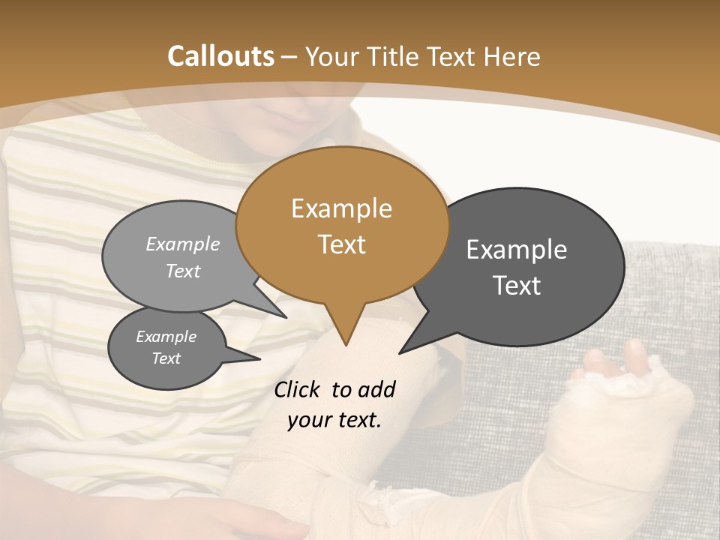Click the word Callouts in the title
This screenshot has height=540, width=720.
coord(220,56)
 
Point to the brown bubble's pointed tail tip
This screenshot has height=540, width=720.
coord(346,345)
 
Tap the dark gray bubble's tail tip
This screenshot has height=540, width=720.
coord(399,353)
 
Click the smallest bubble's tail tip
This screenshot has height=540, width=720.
coord(259,358)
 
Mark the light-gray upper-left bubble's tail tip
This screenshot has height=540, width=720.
coord(286,317)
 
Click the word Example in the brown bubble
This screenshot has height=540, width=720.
coord(341,208)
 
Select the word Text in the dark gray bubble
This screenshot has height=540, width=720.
coord(517,286)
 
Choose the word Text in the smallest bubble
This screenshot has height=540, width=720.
coord(166,358)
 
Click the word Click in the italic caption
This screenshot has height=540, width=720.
coord(298,389)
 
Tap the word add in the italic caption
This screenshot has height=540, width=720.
coord(376,389)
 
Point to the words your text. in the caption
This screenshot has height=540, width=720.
coord(334,420)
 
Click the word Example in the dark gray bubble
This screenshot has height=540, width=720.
coord(517,249)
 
